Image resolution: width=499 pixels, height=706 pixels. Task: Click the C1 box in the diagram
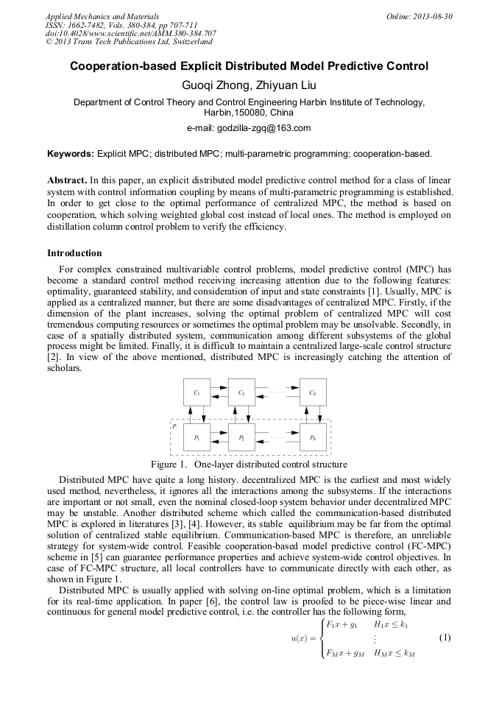click(197, 393)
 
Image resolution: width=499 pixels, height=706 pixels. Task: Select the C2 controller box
click(241, 393)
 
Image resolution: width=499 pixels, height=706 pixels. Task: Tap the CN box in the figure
click(313, 393)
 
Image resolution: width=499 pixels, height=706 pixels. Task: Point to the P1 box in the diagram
click(197, 437)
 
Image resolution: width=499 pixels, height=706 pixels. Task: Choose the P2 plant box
click(241, 437)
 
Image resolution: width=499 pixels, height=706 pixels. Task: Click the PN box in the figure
click(313, 437)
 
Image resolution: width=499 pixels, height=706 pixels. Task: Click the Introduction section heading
click(74, 253)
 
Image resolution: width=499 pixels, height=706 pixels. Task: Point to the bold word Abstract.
click(67, 180)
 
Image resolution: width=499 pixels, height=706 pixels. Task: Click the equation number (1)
click(444, 637)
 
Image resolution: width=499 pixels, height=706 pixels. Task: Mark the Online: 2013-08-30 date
click(420, 16)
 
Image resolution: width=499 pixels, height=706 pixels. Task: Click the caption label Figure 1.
click(169, 465)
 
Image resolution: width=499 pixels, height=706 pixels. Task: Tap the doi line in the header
click(130, 34)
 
